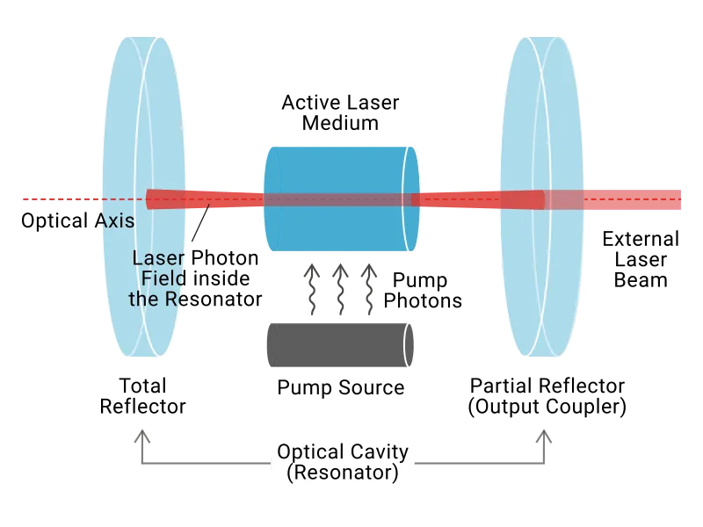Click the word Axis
click(115, 221)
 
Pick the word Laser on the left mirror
click(158, 258)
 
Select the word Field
click(165, 278)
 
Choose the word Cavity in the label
click(381, 452)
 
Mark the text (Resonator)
click(343, 473)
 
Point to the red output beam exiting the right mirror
click(633, 200)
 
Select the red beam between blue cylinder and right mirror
click(457, 200)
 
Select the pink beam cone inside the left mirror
click(167, 200)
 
